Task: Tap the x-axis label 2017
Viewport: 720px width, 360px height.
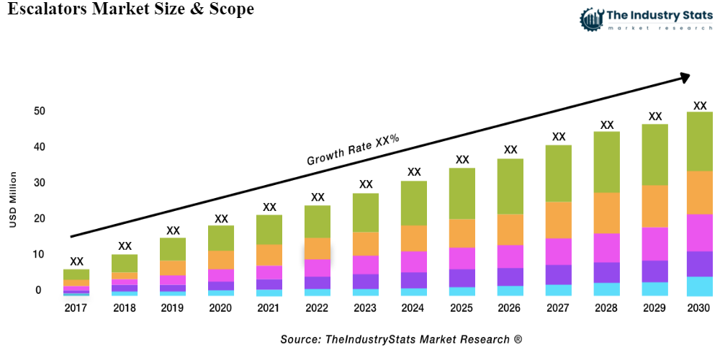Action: click(x=76, y=308)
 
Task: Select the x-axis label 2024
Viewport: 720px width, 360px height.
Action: click(x=414, y=308)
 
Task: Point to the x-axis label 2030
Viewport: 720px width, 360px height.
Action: click(x=698, y=308)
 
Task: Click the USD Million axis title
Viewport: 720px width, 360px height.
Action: click(x=13, y=200)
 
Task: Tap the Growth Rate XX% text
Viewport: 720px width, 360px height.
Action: click(x=353, y=150)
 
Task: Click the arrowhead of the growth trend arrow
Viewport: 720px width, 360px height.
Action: click(x=683, y=76)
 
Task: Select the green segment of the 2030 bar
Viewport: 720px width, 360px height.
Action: click(x=699, y=141)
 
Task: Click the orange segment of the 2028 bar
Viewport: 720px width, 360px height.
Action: click(x=607, y=213)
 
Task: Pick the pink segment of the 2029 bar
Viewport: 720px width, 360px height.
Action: click(x=655, y=243)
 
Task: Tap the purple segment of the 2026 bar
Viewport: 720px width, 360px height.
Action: click(x=510, y=276)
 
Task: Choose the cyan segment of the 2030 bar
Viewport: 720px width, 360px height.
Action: click(x=699, y=286)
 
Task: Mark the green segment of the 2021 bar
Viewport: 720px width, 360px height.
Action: click(x=269, y=230)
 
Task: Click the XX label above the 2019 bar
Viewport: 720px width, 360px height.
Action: click(x=173, y=230)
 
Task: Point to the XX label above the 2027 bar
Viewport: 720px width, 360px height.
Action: click(x=559, y=136)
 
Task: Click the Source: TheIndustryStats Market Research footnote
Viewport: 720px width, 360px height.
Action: click(x=401, y=338)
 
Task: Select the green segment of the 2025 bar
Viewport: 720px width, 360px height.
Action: click(x=462, y=194)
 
